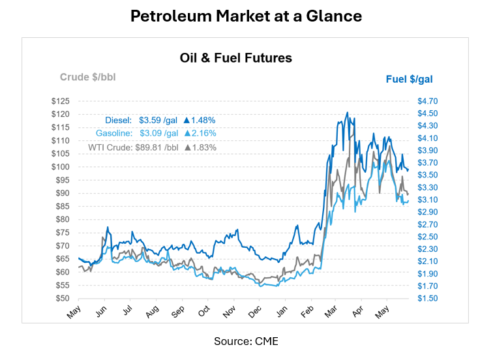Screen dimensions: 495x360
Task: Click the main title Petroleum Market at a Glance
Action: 247,16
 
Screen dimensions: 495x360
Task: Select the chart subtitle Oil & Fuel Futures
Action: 236,58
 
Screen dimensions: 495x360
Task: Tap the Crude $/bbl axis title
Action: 88,77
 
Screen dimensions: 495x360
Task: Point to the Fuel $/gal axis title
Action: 409,80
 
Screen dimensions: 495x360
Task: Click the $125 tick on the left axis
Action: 61,101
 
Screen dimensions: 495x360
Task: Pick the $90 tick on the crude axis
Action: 63,193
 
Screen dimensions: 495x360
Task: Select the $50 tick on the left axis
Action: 63,298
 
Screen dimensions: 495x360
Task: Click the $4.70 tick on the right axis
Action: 427,101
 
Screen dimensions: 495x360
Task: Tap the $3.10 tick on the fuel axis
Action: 427,200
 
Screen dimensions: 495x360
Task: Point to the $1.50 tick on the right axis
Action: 427,298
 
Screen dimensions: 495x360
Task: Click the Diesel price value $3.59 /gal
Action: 158,120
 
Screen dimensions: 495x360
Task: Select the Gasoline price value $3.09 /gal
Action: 158,133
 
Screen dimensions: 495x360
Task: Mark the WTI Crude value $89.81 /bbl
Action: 157,147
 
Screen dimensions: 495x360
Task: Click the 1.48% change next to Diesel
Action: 203,120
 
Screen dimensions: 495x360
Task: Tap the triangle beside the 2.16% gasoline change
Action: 188,133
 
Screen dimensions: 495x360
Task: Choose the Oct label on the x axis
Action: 204,311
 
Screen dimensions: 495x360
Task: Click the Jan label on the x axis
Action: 282,311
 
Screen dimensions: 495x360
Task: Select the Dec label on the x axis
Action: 255,312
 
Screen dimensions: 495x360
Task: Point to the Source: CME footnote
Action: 247,341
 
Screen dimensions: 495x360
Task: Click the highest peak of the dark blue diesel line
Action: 348,112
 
